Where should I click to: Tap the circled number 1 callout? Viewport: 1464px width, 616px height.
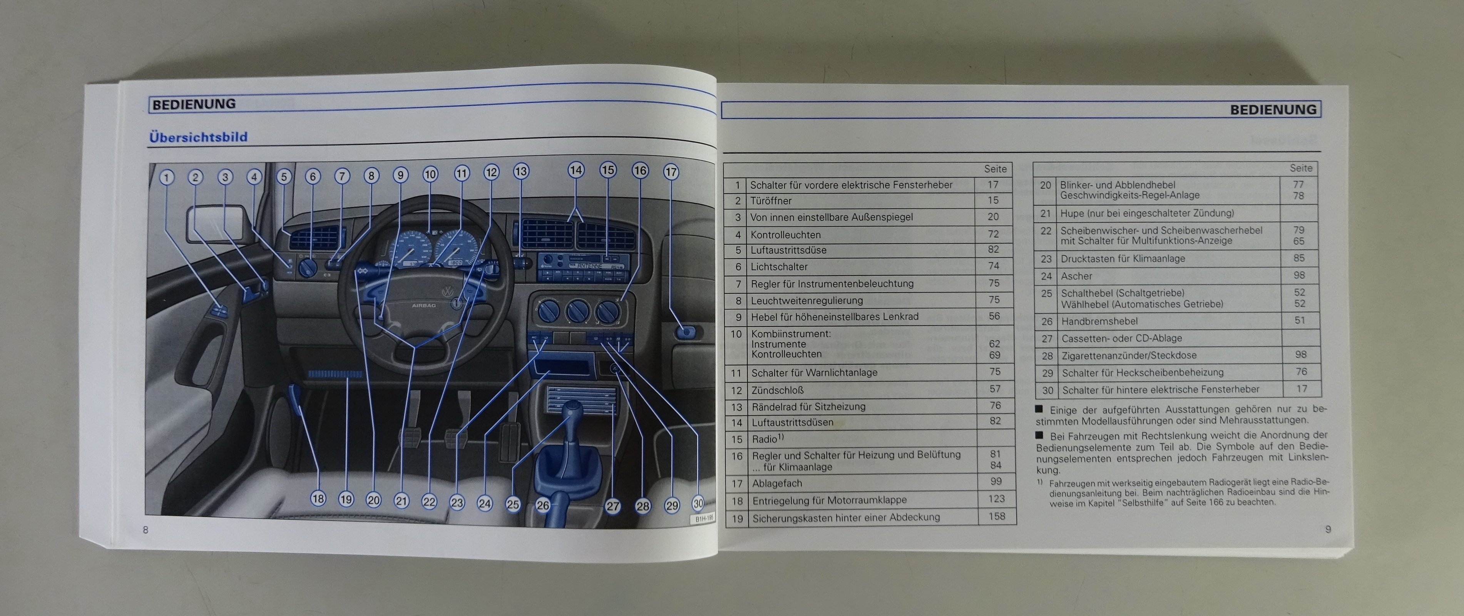[x=166, y=177]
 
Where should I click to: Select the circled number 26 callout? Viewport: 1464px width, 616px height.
[x=543, y=505]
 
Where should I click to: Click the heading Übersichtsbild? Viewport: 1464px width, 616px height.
[x=198, y=137]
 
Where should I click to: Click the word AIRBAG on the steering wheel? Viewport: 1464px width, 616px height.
[x=423, y=305]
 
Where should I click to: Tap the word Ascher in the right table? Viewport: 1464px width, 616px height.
[x=1076, y=276]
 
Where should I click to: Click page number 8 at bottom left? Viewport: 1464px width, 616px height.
[x=146, y=530]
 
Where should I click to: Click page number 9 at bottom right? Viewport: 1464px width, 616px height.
[x=1328, y=529]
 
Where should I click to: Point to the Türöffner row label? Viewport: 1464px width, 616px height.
[x=771, y=201]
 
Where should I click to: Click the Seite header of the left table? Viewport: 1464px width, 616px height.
[x=995, y=169]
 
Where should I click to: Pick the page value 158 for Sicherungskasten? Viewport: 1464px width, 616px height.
[x=997, y=516]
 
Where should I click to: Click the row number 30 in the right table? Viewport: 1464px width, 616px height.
[x=1047, y=390]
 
